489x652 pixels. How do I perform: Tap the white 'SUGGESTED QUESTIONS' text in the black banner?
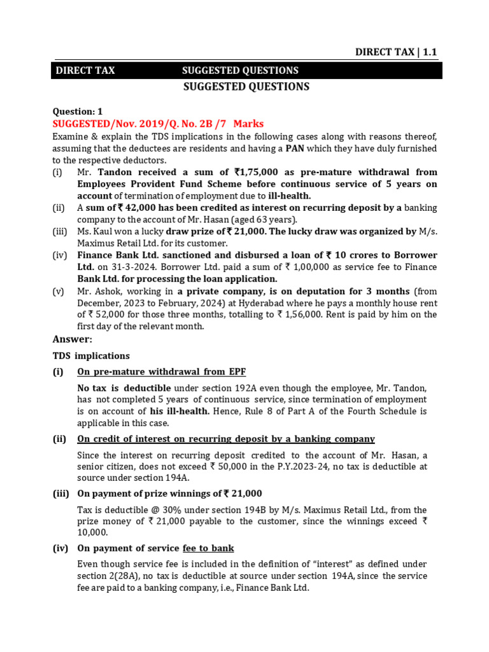(240, 71)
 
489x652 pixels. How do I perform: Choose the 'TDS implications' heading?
(91, 356)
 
